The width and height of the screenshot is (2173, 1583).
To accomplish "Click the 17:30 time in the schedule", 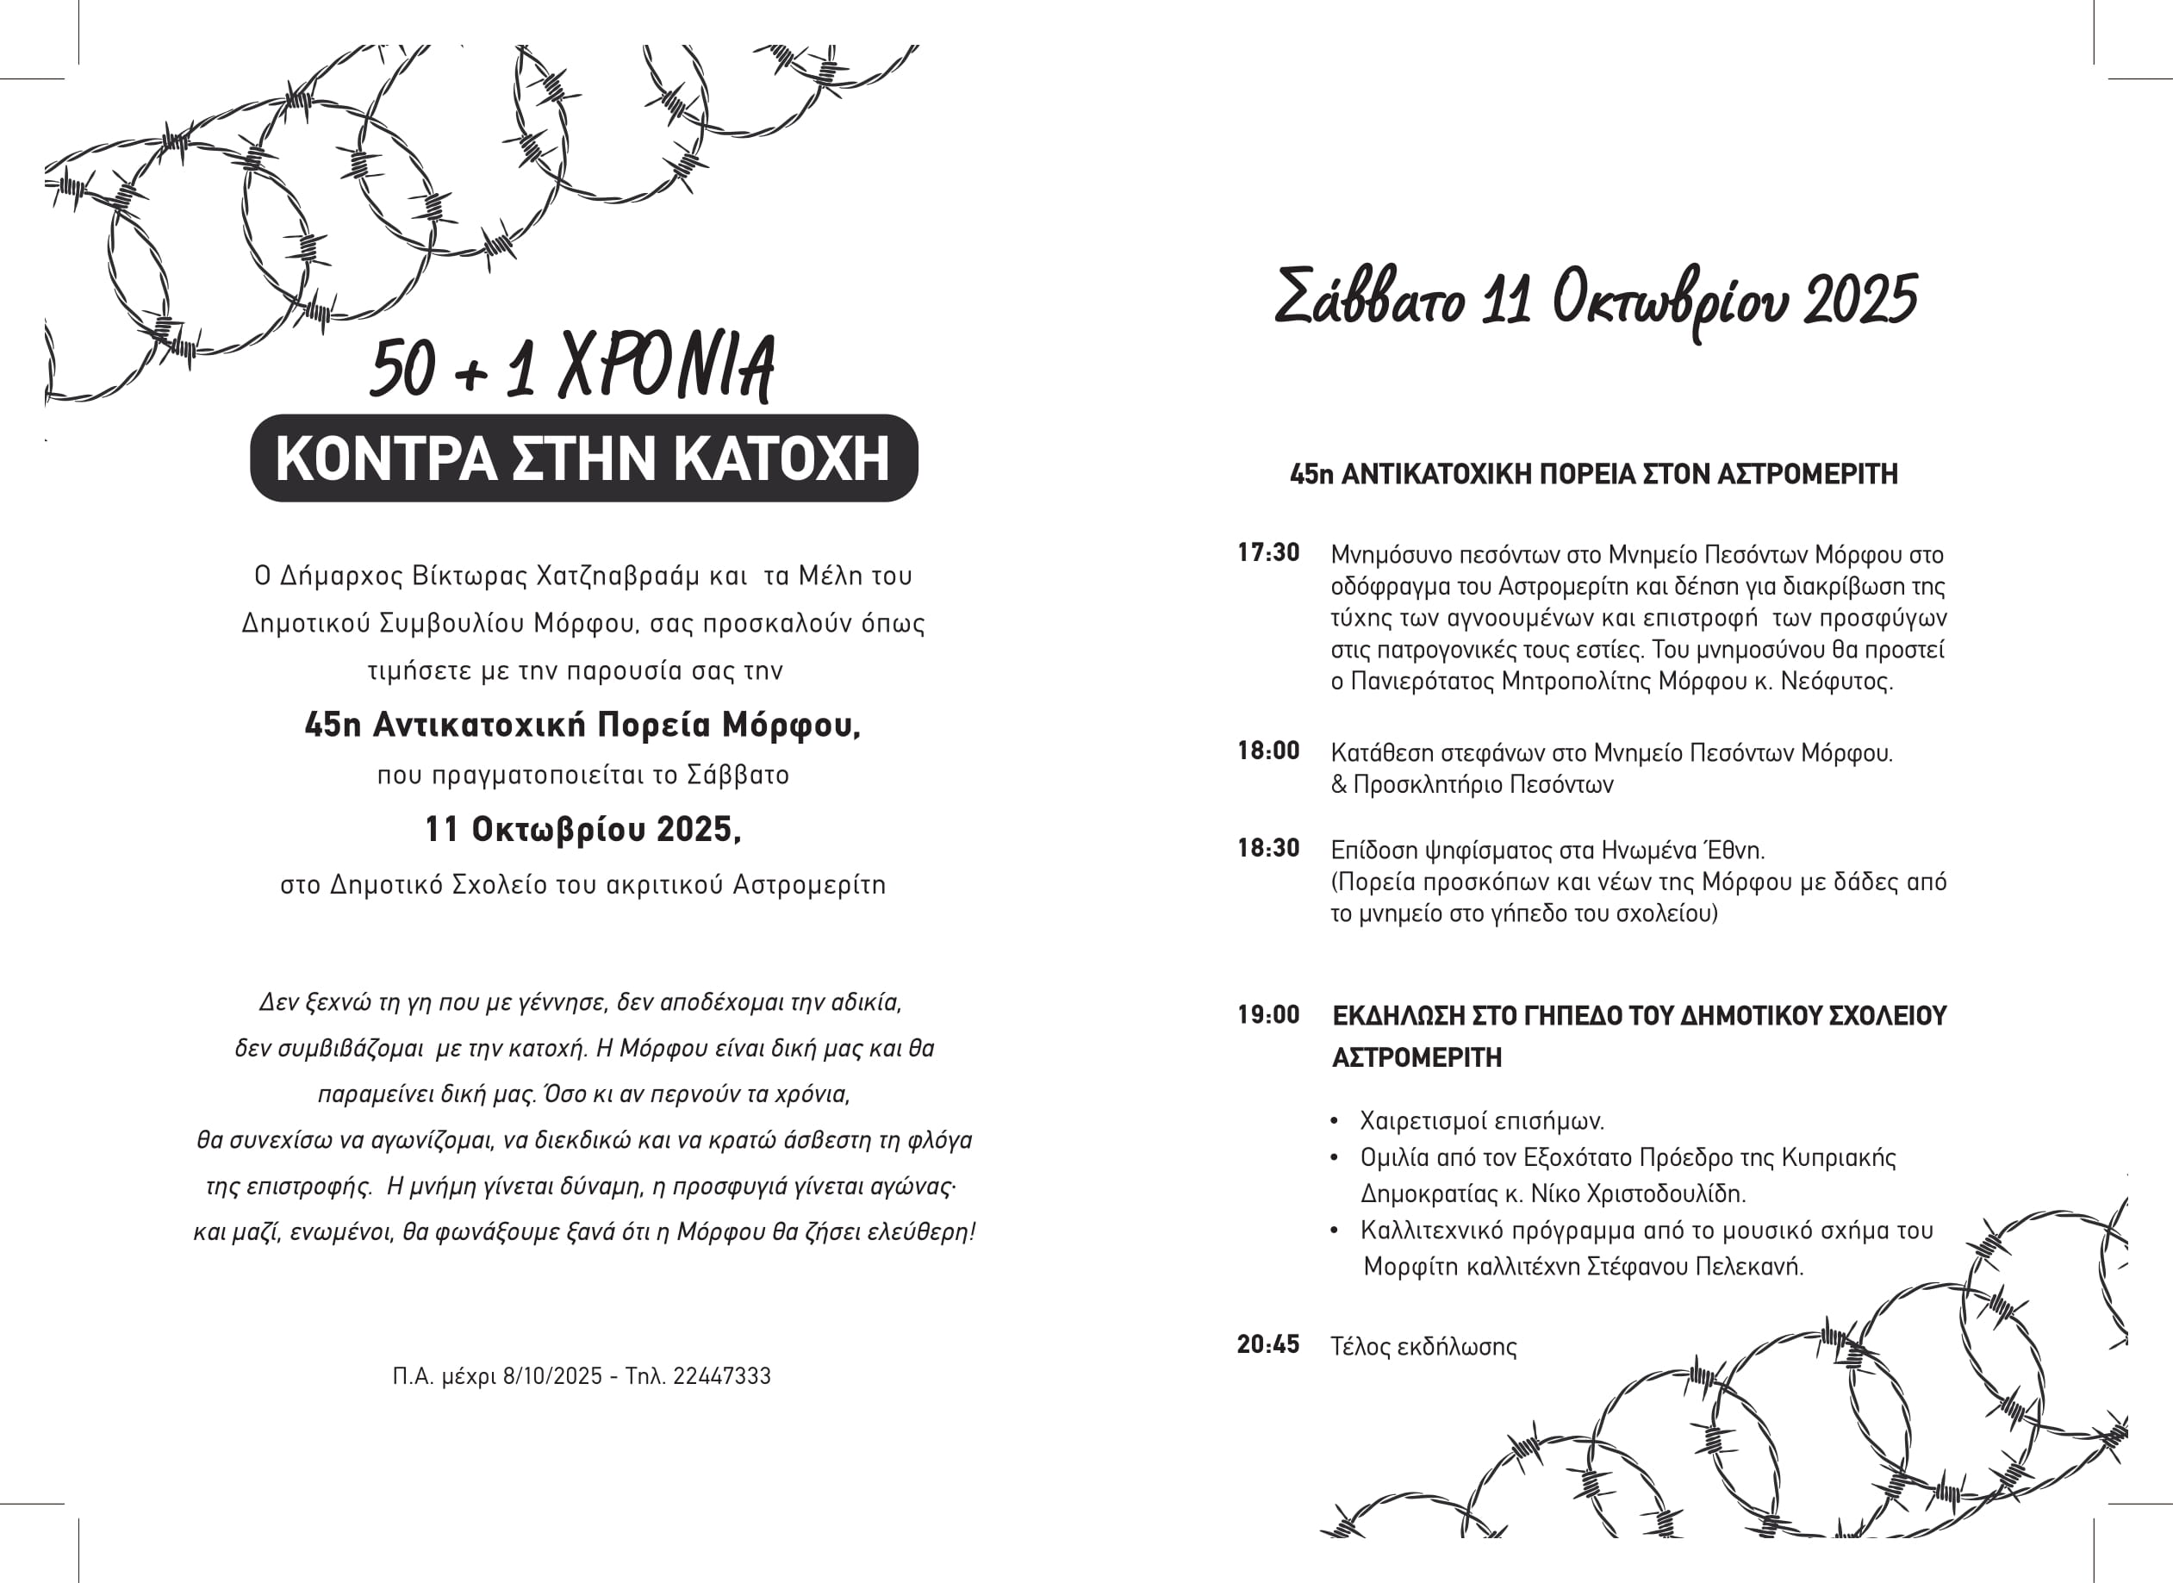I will [1267, 553].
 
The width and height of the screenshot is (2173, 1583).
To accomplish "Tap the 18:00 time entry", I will [1267, 751].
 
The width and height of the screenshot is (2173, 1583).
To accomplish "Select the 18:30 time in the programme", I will [1267, 849].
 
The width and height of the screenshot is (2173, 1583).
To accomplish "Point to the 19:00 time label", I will [1267, 1016].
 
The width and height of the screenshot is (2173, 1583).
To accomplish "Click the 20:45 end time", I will [1267, 1345].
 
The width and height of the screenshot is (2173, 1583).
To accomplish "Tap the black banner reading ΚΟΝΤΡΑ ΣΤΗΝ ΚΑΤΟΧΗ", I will [582, 458].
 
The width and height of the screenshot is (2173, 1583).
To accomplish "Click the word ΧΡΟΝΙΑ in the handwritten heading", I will [667, 367].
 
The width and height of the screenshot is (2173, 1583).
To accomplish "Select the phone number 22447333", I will [721, 1377].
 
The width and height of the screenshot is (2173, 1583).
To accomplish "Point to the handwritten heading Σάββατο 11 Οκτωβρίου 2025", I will [1595, 299].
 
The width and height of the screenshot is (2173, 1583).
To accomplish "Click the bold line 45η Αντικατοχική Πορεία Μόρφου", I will [582, 726].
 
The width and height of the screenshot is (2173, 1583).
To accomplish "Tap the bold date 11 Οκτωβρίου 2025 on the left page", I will [582, 830].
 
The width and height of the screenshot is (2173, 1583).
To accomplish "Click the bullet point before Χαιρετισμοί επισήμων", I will [1335, 1121].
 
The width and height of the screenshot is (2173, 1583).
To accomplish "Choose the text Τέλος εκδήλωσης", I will [1423, 1347].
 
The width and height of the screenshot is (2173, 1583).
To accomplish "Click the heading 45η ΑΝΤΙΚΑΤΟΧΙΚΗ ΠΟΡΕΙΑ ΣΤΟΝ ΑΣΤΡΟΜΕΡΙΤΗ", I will [1593, 474].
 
